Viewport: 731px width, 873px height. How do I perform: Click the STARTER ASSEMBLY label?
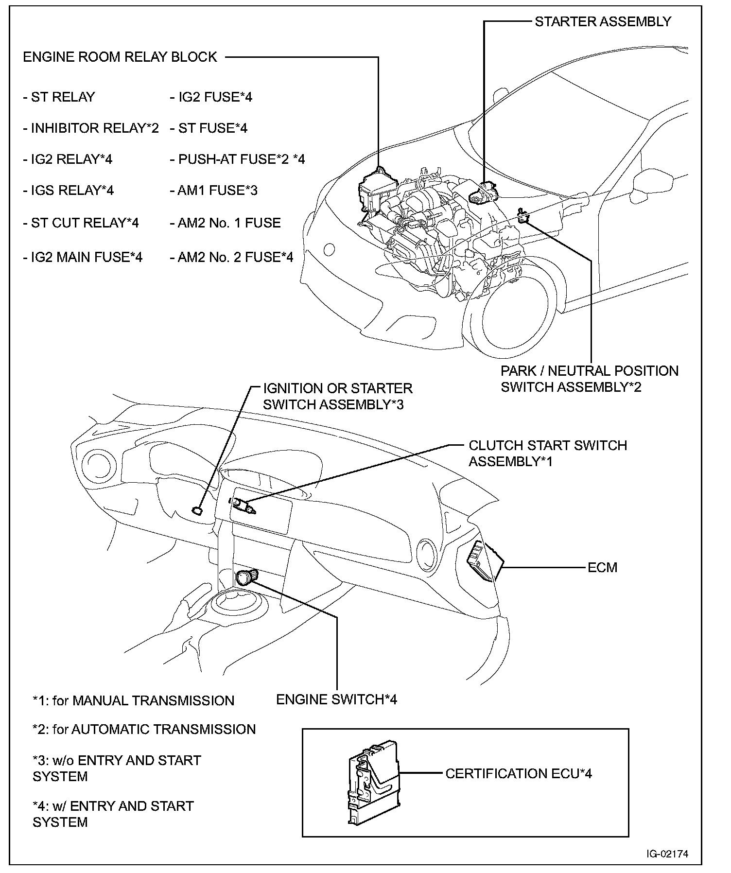(x=603, y=21)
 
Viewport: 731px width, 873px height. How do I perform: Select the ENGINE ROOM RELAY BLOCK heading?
(x=120, y=57)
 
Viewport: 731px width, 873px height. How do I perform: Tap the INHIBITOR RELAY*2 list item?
(x=91, y=128)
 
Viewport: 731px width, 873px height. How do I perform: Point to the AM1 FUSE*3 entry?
(x=213, y=190)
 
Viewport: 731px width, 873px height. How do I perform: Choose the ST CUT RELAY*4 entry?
(x=81, y=223)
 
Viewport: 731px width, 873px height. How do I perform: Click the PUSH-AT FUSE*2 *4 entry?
(x=237, y=159)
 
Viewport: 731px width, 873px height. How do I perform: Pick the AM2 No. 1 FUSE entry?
(x=225, y=223)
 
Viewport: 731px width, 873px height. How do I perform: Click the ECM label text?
(x=602, y=567)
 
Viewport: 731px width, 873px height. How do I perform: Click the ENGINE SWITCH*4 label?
(x=336, y=699)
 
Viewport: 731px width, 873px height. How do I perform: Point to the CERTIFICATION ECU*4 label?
(x=519, y=774)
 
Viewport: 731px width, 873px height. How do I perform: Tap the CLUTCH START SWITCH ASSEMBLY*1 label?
(x=547, y=453)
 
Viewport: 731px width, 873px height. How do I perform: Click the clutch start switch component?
(x=243, y=506)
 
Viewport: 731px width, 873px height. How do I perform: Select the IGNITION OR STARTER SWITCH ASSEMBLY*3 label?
(x=337, y=396)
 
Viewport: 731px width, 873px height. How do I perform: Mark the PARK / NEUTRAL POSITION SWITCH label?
(x=589, y=379)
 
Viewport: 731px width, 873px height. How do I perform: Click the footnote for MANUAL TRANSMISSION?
(x=133, y=700)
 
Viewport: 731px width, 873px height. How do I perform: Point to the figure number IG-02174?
(x=667, y=854)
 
